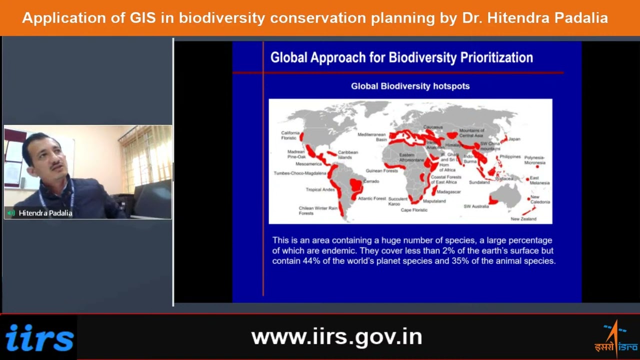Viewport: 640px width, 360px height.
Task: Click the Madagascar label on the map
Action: pyautogui.click(x=448, y=192)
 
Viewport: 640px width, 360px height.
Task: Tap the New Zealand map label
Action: pyautogui.click(x=523, y=219)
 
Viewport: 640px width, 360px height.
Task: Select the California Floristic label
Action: pyautogui.click(x=290, y=135)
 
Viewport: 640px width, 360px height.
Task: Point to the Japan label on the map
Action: pyautogui.click(x=514, y=139)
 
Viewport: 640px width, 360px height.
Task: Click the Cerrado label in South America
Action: pyautogui.click(x=371, y=181)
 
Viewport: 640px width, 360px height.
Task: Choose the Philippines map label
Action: pyautogui.click(x=510, y=156)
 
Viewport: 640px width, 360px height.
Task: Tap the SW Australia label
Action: pyautogui.click(x=475, y=206)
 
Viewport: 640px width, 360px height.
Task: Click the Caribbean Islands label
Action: pyautogui.click(x=348, y=154)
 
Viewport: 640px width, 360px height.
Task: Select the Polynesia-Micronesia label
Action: pyautogui.click(x=534, y=160)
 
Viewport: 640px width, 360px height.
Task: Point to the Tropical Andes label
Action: pyautogui.click(x=320, y=189)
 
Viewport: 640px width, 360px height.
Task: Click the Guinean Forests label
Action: pyautogui.click(x=381, y=170)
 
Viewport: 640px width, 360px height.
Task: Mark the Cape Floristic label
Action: pyautogui.click(x=414, y=210)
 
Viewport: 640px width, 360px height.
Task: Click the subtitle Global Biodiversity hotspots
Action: pyautogui.click(x=410, y=86)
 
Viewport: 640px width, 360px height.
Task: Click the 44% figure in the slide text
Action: pyautogui.click(x=311, y=261)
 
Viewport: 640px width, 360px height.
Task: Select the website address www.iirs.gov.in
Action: pyautogui.click(x=336, y=337)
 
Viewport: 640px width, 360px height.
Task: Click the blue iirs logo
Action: pyautogui.click(x=39, y=338)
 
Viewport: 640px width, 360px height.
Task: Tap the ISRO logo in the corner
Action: pyautogui.click(x=615, y=339)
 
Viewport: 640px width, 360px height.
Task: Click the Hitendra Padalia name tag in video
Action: pyautogui.click(x=45, y=213)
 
